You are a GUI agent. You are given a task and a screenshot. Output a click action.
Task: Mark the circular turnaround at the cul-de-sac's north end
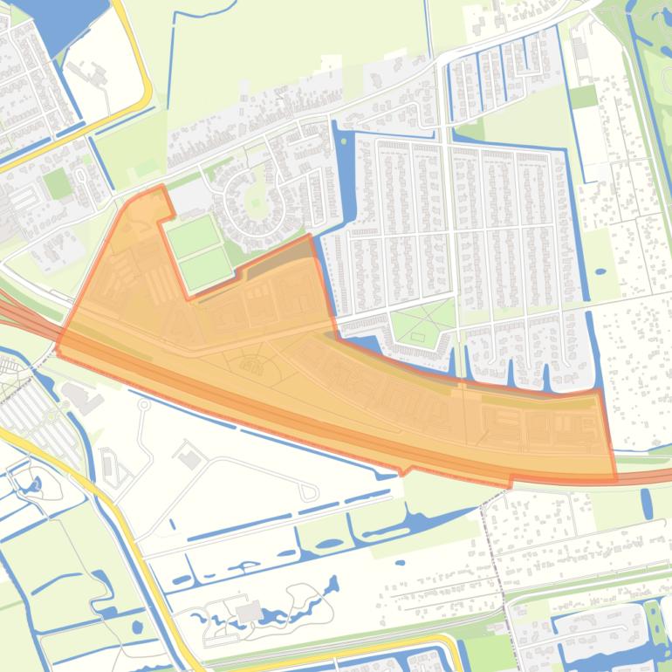coord(144,404)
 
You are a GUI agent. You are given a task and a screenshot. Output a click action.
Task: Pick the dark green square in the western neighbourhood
coord(57,183)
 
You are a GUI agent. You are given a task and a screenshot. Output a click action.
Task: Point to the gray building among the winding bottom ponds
coord(249,610)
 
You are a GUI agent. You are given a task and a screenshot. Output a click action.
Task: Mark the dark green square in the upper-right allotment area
coord(583,96)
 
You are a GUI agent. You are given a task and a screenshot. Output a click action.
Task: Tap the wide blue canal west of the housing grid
coord(342,175)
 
